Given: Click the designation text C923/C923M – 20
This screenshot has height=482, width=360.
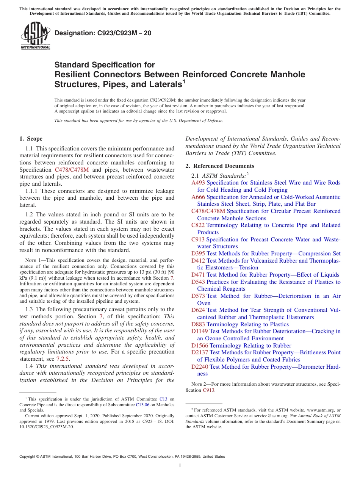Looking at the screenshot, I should click(103, 33).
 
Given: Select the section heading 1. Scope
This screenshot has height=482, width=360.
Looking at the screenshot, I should click(31, 139).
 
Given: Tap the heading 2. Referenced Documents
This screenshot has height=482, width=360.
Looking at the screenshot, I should click(220, 166).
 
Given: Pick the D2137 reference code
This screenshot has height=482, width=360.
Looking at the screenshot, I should click(200, 352).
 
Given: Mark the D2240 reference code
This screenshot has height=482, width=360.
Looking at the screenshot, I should click(200, 367).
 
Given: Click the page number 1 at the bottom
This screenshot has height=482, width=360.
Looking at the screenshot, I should click(180, 466).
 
